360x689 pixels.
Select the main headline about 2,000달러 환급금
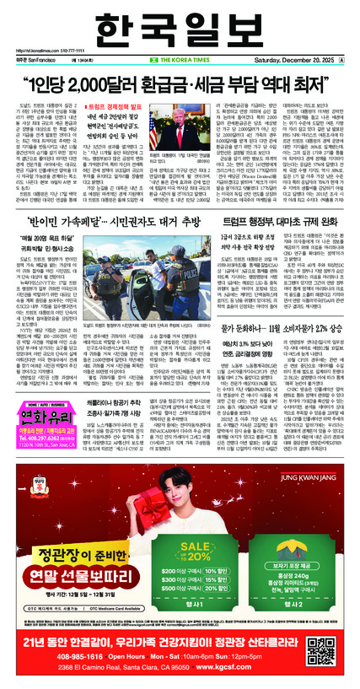[x=180, y=87]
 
